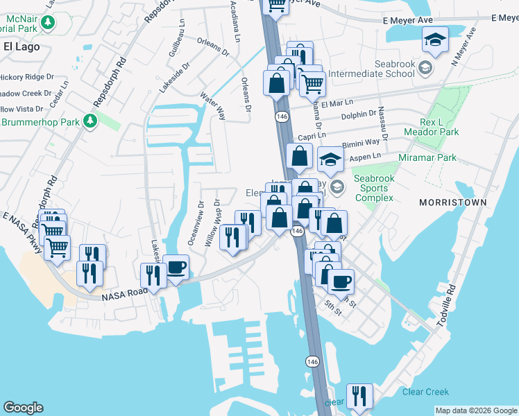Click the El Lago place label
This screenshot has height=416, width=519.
22,47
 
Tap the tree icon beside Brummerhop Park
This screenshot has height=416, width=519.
90,122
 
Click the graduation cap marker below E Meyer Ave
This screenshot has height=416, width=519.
435,40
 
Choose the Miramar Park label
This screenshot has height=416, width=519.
427,157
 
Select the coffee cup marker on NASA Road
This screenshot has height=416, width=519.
176,268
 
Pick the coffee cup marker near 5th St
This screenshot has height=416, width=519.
340,282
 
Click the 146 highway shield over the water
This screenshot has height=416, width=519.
313,361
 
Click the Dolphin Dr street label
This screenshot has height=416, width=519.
359,112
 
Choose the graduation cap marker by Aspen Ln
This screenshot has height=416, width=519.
331,159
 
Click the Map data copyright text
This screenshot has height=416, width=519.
476,410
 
